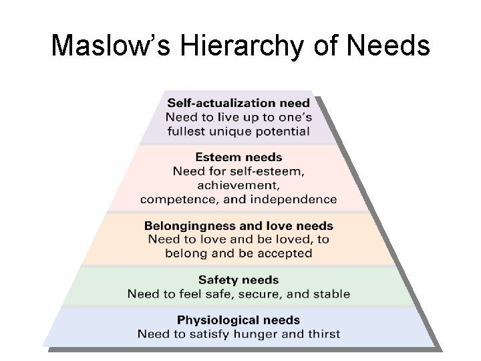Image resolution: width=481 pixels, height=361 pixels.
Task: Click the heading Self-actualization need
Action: pyautogui.click(x=238, y=103)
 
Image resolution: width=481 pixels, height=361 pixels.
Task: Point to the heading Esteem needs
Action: pyautogui.click(x=238, y=158)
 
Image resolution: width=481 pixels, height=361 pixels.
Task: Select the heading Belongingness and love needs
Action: pyautogui.click(x=238, y=226)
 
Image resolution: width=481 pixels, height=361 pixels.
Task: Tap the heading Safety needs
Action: pyautogui.click(x=238, y=280)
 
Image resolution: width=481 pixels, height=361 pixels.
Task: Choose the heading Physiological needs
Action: pyautogui.click(x=238, y=320)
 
